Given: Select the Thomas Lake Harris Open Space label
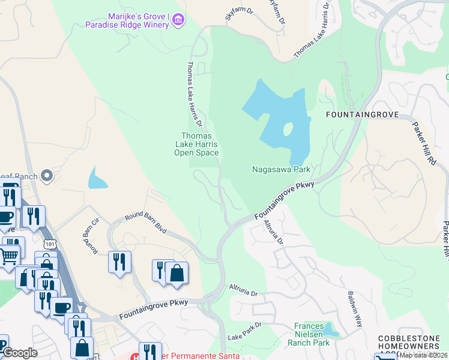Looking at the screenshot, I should [x=196, y=145].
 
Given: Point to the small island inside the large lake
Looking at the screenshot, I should [x=288, y=130].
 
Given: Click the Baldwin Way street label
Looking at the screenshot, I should [x=355, y=309].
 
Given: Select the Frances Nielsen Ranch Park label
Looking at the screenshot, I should [x=312, y=335].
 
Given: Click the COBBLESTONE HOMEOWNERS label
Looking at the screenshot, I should [x=413, y=344].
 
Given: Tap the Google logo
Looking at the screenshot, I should [x=20, y=353].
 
